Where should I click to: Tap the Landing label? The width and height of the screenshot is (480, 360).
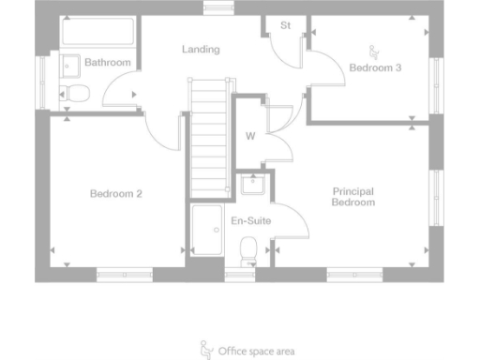coord(202,49)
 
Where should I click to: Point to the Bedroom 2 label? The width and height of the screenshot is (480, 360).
coord(115,194)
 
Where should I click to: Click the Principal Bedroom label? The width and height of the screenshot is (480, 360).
coord(353,197)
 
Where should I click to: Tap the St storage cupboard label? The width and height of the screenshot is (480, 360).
coord(285,26)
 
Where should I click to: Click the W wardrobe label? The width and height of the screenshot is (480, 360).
coord(250,136)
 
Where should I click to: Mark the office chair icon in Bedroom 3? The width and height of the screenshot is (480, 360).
coord(375,51)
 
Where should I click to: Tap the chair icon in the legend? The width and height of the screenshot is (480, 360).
coord(206,350)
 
